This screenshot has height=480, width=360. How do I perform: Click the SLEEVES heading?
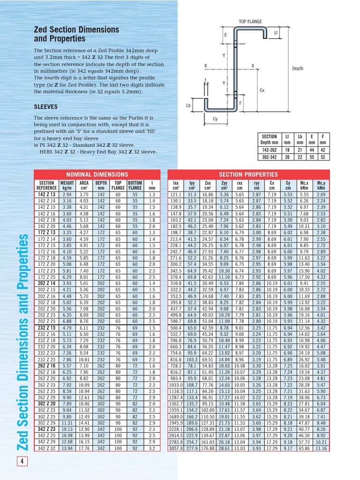45,106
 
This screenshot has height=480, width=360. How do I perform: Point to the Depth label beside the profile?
298,68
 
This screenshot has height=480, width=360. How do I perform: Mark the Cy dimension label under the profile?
215,119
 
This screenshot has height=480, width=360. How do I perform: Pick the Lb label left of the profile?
188,106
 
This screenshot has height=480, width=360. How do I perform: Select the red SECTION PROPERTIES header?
248,174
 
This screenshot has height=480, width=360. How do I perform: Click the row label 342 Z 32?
46,448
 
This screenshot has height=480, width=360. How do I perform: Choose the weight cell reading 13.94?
67,448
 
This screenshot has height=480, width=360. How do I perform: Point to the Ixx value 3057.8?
176,448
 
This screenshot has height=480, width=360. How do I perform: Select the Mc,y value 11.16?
321,448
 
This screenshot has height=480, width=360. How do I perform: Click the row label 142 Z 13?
46,195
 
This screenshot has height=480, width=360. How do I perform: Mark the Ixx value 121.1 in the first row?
176,195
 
